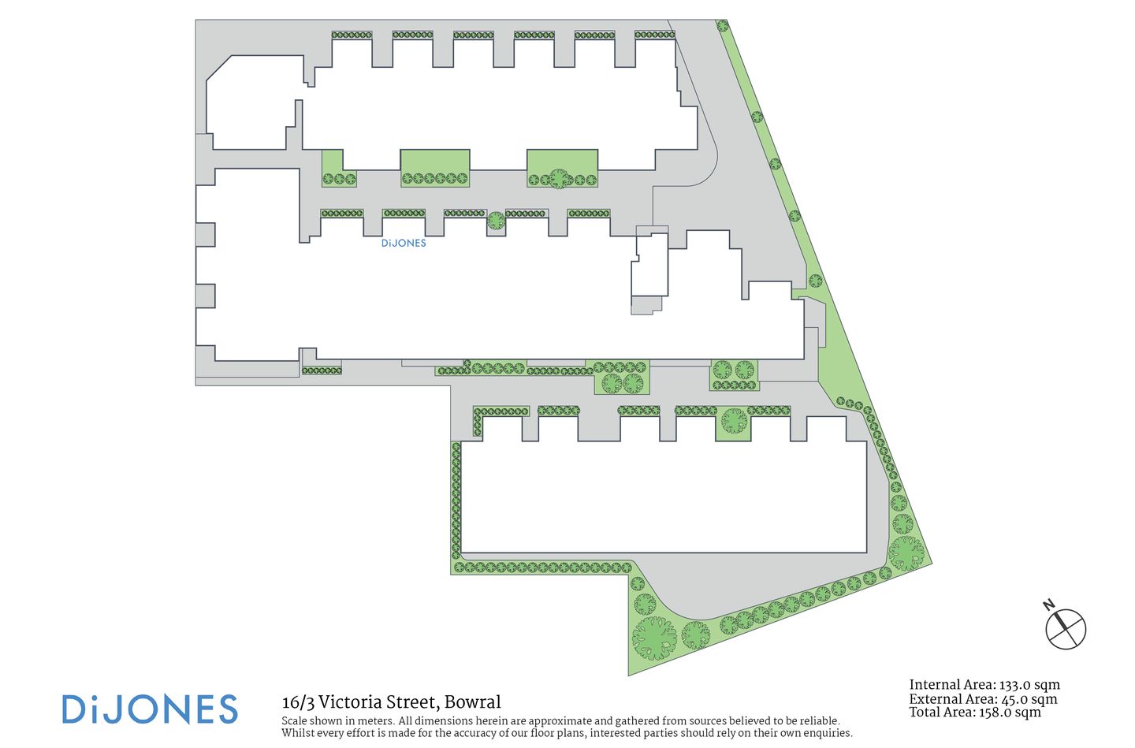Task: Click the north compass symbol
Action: pos(1066,629)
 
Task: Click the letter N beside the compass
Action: pos(1049,605)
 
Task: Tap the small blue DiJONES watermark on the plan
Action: pos(404,244)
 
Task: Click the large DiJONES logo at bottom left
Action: pos(150,709)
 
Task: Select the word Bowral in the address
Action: pos(473,702)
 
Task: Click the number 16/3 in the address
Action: pos(298,702)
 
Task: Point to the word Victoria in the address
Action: pos(351,702)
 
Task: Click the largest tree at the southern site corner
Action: pos(654,637)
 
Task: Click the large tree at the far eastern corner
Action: pos(906,553)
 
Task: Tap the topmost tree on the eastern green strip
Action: pos(723,26)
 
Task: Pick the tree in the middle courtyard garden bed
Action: pos(558,178)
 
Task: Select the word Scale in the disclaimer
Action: pos(296,721)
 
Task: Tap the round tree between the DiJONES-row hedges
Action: pos(496,221)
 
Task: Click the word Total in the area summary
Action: pos(926,713)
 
